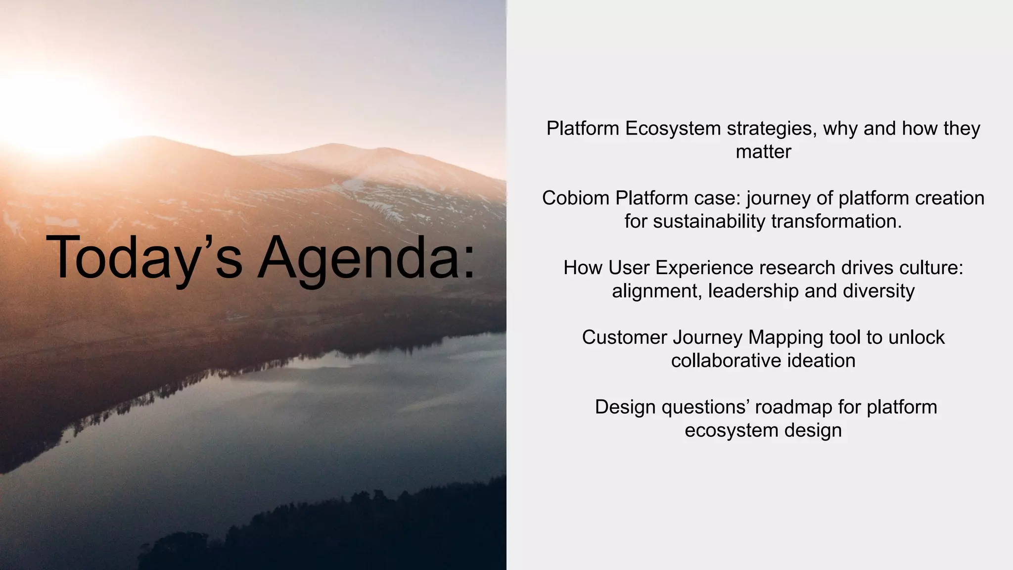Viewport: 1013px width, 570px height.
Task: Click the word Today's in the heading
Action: (x=144, y=258)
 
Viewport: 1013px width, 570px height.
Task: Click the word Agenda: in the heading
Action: (x=367, y=258)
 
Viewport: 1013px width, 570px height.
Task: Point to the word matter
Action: (x=763, y=151)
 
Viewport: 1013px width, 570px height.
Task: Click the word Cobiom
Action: (x=576, y=198)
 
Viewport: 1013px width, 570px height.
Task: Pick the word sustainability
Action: (x=709, y=221)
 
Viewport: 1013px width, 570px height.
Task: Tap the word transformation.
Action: (x=836, y=221)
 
